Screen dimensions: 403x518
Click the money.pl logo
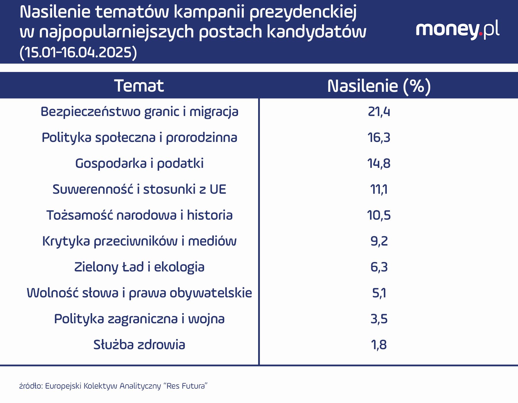pyautogui.click(x=458, y=30)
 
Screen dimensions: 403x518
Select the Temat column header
pyautogui.click(x=139, y=86)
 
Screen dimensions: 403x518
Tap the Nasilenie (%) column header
pyautogui.click(x=379, y=86)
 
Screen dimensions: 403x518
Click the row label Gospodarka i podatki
pyautogui.click(x=139, y=164)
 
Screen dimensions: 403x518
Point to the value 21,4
pyautogui.click(x=379, y=112)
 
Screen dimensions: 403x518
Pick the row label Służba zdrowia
pyautogui.click(x=139, y=345)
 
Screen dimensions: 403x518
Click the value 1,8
pyautogui.click(x=379, y=345)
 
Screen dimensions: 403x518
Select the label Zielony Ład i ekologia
pyautogui.click(x=139, y=267)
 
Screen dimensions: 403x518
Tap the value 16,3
pyautogui.click(x=379, y=138)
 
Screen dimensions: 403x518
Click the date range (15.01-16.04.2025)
pyautogui.click(x=78, y=52)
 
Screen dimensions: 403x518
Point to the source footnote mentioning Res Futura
pyautogui.click(x=113, y=386)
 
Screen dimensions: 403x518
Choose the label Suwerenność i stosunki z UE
pyautogui.click(x=139, y=189)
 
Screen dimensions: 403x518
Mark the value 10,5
pyautogui.click(x=379, y=215)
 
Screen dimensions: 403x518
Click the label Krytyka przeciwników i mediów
pyautogui.click(x=139, y=241)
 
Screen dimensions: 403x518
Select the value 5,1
pyautogui.click(x=379, y=293)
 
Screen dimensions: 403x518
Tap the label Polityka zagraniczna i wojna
pyautogui.click(x=139, y=319)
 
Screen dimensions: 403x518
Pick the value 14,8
pyautogui.click(x=379, y=164)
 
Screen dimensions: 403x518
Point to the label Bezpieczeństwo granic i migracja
pyautogui.click(x=139, y=112)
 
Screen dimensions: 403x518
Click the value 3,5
pyautogui.click(x=379, y=319)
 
